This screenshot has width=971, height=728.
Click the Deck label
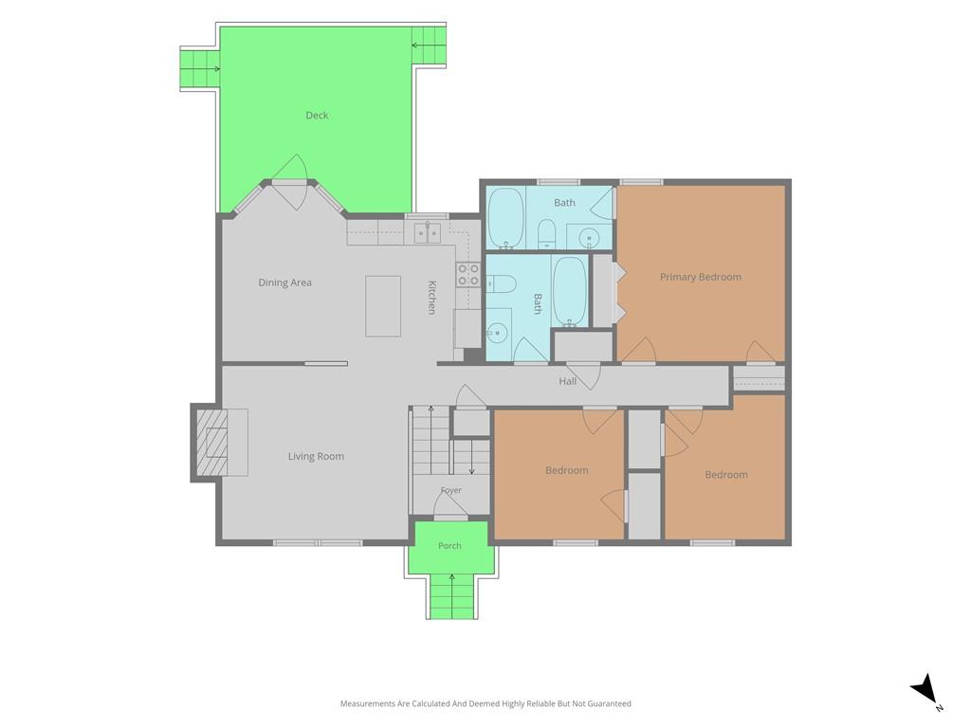pyautogui.click(x=317, y=115)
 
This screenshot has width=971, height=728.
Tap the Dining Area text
pyautogui.click(x=284, y=282)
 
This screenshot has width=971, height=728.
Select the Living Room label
pyautogui.click(x=316, y=457)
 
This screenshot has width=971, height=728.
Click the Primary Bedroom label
pyautogui.click(x=701, y=278)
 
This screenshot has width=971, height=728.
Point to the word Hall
pyautogui.click(x=567, y=381)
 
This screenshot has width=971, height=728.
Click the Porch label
pyautogui.click(x=449, y=546)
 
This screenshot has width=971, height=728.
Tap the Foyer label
pyautogui.click(x=450, y=490)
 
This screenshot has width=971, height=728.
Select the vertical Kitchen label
pyautogui.click(x=432, y=298)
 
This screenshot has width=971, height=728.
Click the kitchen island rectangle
pyautogui.click(x=383, y=306)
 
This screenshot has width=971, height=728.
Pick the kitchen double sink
pyautogui.click(x=428, y=232)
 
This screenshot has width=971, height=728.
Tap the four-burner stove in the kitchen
pyautogui.click(x=468, y=274)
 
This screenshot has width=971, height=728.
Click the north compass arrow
pyautogui.click(x=925, y=688)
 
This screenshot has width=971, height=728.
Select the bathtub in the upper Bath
pyautogui.click(x=506, y=217)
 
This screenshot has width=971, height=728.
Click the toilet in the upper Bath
pyautogui.click(x=546, y=233)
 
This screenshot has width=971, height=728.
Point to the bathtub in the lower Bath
pyautogui.click(x=569, y=292)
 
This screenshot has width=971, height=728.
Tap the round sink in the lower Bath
pyautogui.click(x=497, y=333)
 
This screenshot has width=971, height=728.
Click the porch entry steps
pyautogui.click(x=451, y=596)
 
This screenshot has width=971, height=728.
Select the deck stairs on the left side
pyautogui.click(x=199, y=68)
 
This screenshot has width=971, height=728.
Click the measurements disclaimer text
pyautogui.click(x=485, y=703)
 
